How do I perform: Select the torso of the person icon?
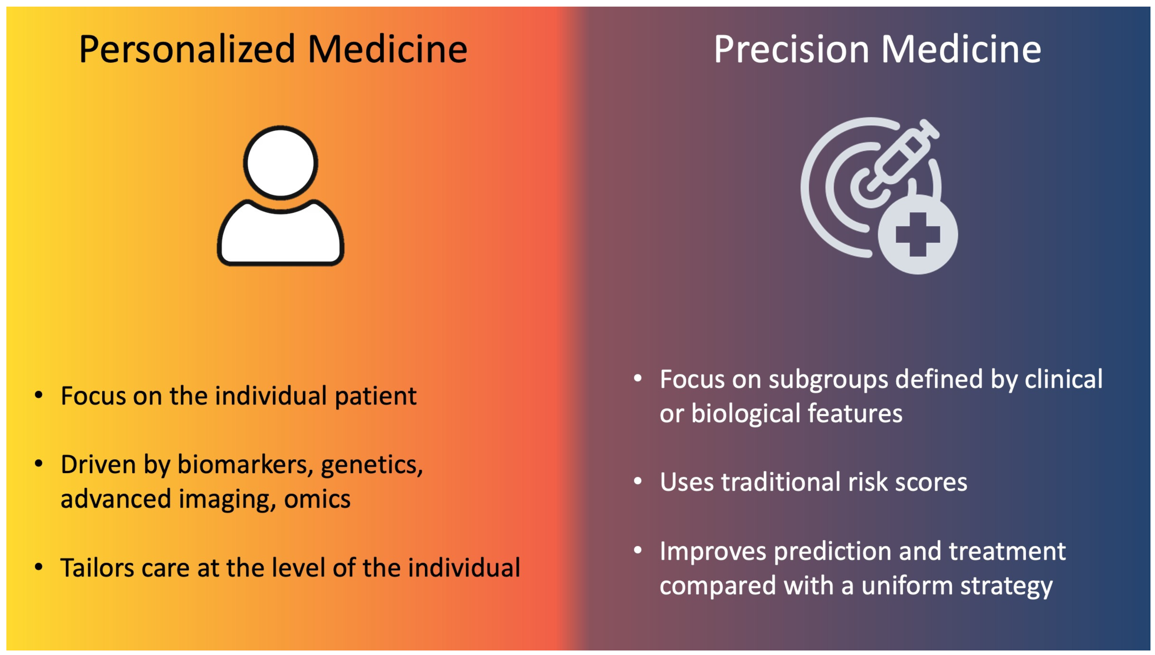280,233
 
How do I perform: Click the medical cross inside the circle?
917,234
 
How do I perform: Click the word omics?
317,499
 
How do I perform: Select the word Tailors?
97,568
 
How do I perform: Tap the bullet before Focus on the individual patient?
39,395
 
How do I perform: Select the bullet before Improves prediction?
638,550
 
